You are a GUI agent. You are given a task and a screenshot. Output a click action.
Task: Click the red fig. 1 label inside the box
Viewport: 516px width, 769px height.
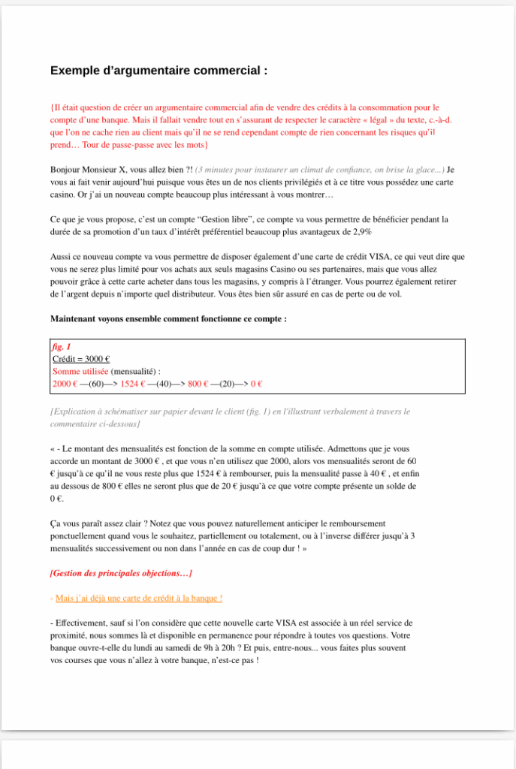(x=62, y=348)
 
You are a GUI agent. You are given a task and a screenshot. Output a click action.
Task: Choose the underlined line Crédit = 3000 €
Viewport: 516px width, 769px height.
(x=81, y=360)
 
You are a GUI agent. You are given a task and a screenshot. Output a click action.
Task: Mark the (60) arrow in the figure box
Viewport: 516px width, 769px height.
(x=97, y=384)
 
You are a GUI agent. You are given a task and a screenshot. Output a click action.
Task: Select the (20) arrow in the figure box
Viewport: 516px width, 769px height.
(x=225, y=384)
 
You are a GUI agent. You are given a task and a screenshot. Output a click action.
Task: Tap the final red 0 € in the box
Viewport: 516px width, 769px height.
(x=256, y=384)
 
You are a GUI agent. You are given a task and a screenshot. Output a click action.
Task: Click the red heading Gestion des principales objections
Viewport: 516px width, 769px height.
(x=120, y=574)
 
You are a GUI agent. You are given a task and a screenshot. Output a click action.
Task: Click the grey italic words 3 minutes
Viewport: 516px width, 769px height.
(x=218, y=170)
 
